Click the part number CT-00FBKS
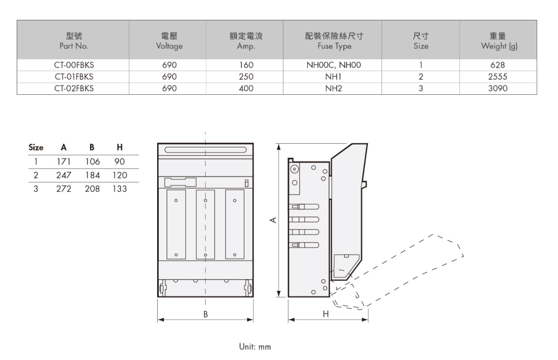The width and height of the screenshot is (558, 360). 73,66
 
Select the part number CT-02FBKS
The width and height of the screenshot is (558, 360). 73,89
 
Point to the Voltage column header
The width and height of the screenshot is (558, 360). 169,41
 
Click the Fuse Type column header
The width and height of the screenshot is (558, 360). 334,41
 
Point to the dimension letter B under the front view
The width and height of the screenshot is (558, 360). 206,314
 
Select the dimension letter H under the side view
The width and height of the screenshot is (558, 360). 326,314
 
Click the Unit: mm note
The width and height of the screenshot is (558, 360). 255,346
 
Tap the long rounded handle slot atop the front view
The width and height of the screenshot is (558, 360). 205,150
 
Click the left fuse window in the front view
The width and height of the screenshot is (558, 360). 176,225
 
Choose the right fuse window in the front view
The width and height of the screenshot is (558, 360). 235,225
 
